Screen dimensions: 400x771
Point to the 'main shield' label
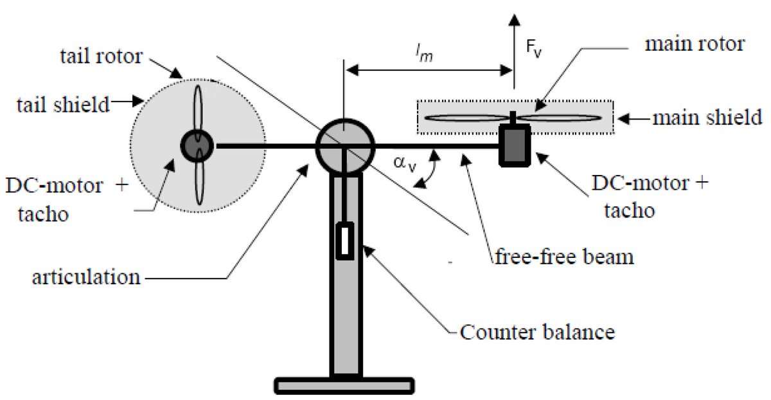tap(707, 118)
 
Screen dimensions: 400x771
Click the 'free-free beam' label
tap(565, 256)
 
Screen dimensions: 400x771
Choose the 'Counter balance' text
tap(538, 332)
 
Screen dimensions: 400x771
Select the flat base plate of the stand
tap(343, 385)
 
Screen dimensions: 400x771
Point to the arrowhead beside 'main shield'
tap(625, 118)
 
